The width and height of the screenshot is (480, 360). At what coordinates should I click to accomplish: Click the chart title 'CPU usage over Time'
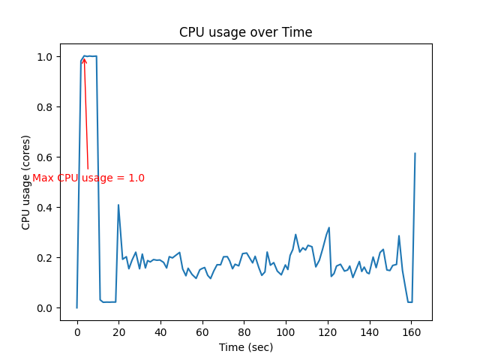point(245,32)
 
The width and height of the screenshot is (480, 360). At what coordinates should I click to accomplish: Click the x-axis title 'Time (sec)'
point(245,347)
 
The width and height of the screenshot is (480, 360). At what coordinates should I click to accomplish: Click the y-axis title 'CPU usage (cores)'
point(26,182)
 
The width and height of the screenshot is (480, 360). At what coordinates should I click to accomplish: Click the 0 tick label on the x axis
point(76,331)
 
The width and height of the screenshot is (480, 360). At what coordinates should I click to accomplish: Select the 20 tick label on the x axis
point(118,331)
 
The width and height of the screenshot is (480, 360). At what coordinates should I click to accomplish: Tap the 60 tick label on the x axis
point(202,331)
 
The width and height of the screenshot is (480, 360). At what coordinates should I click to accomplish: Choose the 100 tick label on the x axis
point(285,331)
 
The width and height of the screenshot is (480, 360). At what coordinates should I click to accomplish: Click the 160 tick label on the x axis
point(410,331)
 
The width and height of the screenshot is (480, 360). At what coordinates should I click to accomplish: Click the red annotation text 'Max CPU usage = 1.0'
point(88,178)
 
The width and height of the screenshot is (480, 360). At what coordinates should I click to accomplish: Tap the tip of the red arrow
point(84,58)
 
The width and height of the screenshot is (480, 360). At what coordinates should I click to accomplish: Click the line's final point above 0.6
point(415,154)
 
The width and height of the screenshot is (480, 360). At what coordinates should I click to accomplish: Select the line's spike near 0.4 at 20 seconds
point(118,205)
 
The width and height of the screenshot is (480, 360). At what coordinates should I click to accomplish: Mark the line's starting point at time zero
point(76,307)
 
